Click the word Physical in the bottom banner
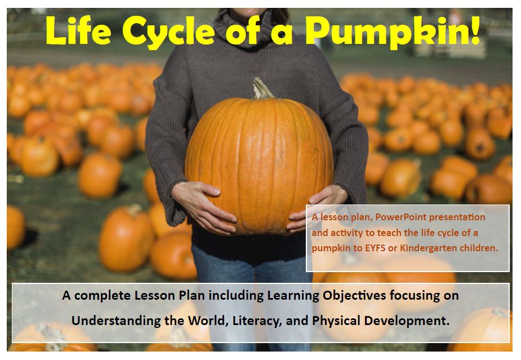point(344,321)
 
